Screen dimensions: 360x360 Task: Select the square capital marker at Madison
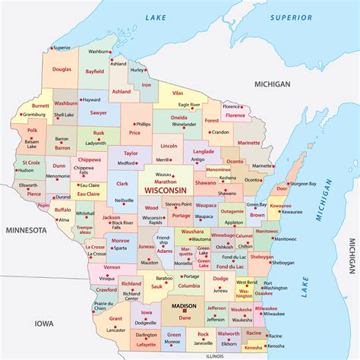point(185,311)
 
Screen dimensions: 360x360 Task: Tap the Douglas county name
point(62,69)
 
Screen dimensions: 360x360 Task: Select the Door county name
point(282,187)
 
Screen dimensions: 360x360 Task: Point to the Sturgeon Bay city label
point(302,183)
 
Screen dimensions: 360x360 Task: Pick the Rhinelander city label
point(185,125)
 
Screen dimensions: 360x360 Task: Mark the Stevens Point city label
point(178,204)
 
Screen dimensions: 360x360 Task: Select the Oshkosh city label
point(224,246)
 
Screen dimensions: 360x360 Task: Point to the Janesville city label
point(203,343)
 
